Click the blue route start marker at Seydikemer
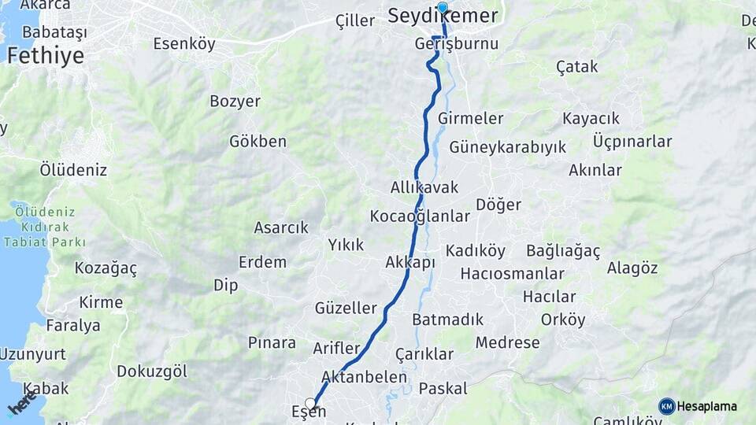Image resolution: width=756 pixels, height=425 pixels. click(443, 8)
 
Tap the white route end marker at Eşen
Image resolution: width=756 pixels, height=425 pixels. click(310, 404)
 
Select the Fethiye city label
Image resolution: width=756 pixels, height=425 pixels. click(45, 55)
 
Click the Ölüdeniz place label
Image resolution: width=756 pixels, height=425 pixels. click(73, 169)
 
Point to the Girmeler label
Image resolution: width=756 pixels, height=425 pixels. click(470, 118)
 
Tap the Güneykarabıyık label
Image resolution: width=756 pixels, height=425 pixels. click(508, 147)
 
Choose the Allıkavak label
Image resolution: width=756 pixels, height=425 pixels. click(424, 187)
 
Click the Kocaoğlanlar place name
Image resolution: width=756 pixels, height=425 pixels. click(420, 216)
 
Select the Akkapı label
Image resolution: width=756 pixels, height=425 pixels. click(410, 262)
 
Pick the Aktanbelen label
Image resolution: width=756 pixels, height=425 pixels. click(364, 377)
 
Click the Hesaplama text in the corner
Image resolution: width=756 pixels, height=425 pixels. click(707, 406)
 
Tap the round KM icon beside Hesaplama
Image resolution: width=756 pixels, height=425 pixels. click(667, 406)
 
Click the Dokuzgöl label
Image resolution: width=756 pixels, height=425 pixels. click(152, 371)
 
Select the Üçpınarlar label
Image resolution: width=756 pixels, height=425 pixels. click(632, 142)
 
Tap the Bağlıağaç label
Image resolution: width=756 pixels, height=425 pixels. click(563, 251)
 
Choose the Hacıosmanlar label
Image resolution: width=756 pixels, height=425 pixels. click(512, 274)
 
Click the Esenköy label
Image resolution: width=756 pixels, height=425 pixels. click(184, 43)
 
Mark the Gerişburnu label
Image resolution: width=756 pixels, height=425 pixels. click(457, 43)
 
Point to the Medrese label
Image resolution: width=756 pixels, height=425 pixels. click(508, 342)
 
